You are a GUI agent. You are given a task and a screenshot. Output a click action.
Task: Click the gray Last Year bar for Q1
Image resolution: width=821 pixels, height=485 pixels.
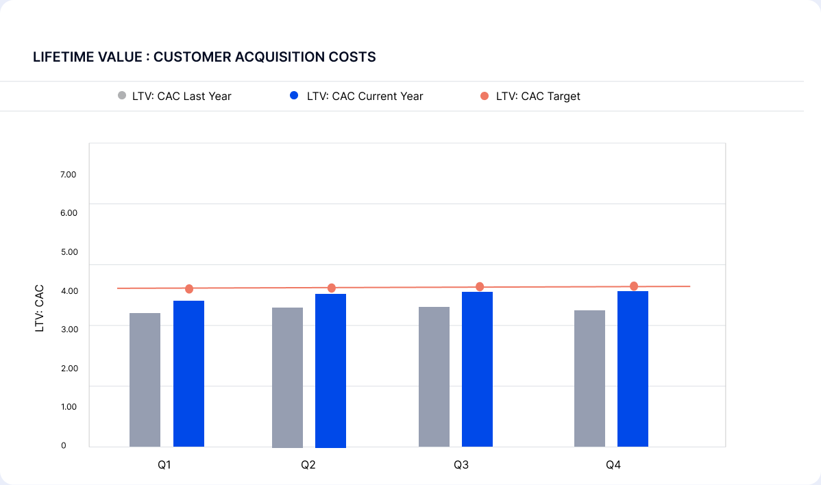[145, 380]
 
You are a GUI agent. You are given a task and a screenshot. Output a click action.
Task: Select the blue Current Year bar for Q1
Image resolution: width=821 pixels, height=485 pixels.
[188, 373]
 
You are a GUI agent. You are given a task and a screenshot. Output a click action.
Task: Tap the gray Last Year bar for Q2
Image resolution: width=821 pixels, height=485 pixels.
[287, 377]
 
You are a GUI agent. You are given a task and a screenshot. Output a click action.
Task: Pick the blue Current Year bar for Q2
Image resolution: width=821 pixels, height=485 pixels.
[330, 370]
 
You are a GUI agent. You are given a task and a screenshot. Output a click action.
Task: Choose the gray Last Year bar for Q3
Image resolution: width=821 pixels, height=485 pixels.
[434, 377]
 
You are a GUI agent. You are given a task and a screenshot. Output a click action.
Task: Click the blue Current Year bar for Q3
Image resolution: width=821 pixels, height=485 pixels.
[477, 369]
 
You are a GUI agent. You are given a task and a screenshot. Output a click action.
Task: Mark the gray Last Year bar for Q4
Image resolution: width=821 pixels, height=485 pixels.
[589, 378]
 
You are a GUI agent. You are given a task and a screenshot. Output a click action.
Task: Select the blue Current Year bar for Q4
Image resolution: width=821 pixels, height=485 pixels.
[633, 369]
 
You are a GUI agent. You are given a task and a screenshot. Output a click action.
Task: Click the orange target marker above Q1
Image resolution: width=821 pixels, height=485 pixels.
[189, 289]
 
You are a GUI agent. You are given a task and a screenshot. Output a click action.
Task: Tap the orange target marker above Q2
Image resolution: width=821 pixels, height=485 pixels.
[331, 288]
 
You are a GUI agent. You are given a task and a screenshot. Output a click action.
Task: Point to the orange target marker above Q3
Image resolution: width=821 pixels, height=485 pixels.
[480, 287]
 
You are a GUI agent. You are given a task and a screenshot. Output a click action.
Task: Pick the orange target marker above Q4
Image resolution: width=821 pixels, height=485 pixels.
[634, 286]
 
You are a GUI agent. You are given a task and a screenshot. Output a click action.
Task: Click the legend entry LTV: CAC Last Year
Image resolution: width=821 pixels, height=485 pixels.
[175, 97]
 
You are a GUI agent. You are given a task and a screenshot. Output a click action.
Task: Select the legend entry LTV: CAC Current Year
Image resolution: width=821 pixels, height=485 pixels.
[357, 97]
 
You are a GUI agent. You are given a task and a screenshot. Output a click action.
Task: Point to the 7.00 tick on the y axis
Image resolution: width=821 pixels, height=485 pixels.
[68, 175]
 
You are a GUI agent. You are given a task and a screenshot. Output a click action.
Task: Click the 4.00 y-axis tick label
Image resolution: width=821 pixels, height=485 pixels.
[68, 290]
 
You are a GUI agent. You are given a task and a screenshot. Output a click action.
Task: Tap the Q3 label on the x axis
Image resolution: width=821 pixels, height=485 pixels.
[461, 466]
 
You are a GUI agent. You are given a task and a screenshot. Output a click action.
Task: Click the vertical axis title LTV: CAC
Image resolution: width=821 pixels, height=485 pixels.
[40, 308]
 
